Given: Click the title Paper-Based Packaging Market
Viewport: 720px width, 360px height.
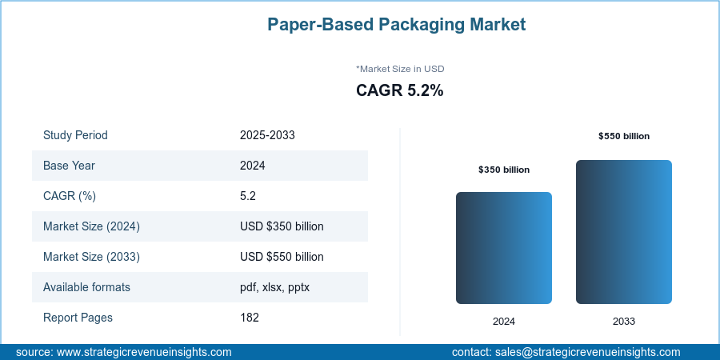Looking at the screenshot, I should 396,25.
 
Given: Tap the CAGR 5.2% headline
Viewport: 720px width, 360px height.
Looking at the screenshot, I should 399,91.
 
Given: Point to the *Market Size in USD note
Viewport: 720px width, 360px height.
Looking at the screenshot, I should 399,69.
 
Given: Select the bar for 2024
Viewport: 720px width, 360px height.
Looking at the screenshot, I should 504,248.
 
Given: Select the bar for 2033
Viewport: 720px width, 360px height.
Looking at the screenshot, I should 624,232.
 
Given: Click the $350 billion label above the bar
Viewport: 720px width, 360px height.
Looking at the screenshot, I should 504,170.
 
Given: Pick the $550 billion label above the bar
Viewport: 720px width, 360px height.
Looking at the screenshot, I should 624,136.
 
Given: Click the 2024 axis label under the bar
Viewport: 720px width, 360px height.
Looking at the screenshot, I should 504,322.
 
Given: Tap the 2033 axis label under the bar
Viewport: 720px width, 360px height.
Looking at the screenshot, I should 624,322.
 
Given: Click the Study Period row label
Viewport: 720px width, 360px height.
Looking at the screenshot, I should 75,135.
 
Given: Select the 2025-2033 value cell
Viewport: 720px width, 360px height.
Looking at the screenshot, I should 267,135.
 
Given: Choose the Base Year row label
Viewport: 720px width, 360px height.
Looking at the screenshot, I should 69,166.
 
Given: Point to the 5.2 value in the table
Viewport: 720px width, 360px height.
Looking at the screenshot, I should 248,196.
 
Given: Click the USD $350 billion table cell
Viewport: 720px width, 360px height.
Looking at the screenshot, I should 282,226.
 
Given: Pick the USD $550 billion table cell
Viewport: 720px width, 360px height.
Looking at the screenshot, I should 282,257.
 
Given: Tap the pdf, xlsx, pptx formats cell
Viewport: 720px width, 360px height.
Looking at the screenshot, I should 274,287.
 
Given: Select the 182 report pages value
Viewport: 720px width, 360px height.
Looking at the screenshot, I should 250,318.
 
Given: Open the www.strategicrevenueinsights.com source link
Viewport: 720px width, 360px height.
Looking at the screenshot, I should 145,352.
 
